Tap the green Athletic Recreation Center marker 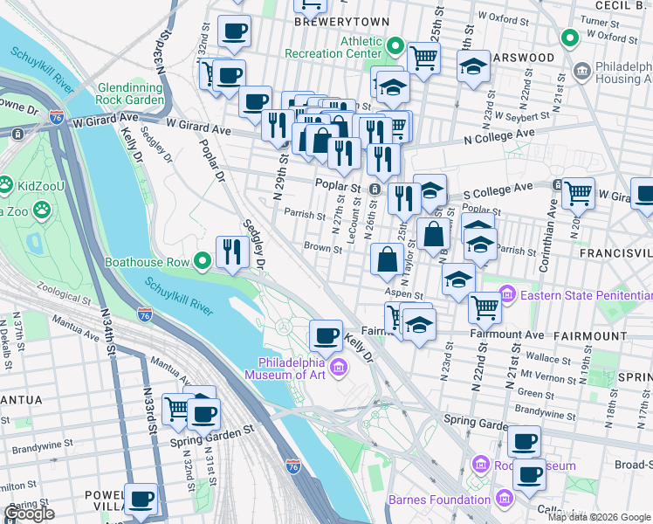point(395,45)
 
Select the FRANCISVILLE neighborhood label point(616,252)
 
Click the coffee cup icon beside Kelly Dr point(326,334)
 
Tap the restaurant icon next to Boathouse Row point(230,252)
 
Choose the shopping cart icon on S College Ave point(578,192)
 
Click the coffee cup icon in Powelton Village point(141,499)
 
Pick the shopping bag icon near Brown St point(386,259)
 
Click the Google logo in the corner point(29,514)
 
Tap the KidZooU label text point(40,185)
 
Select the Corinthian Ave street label point(553,222)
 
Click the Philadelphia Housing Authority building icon point(581,69)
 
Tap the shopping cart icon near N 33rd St point(178,407)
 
